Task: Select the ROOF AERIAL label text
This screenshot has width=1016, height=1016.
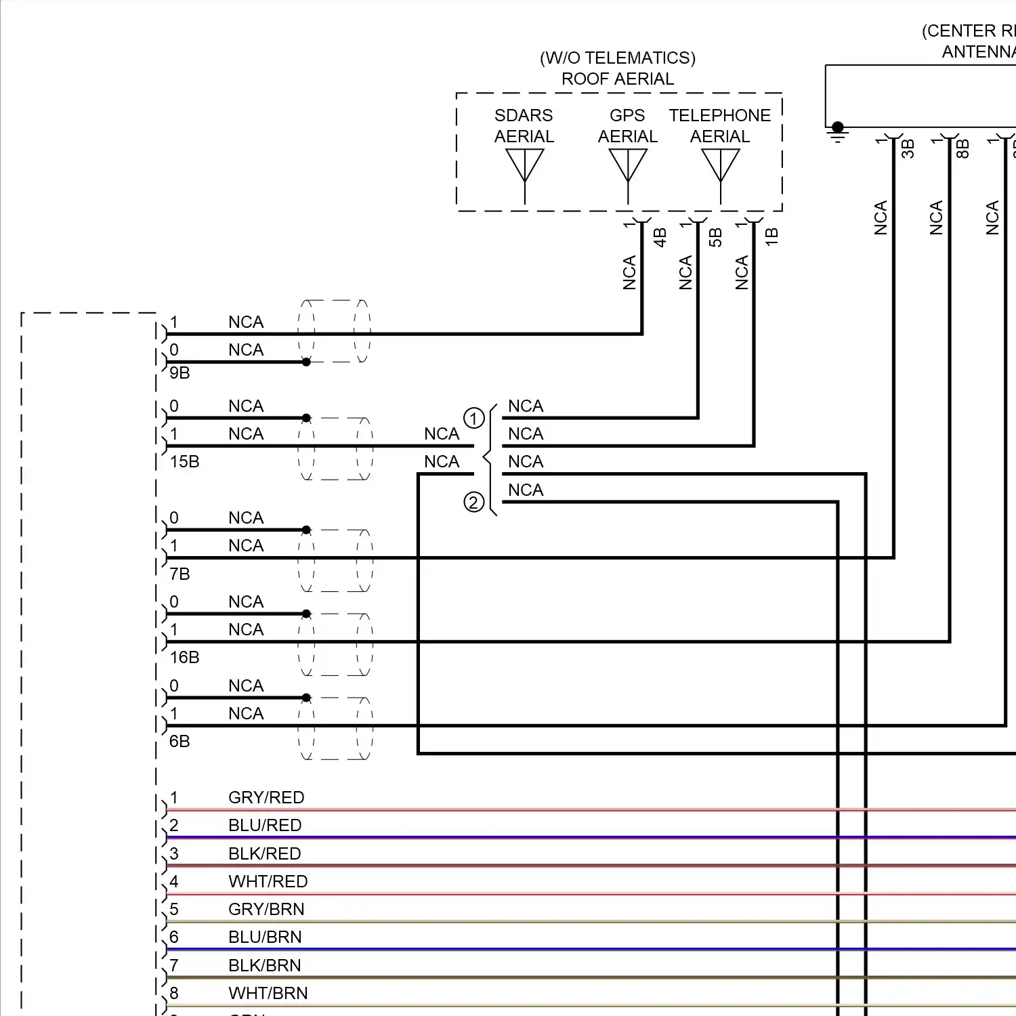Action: (618, 79)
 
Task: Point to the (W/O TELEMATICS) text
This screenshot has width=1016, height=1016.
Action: (618, 58)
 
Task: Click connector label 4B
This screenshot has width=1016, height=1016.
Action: (660, 237)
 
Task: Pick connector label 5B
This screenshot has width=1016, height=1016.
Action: (715, 237)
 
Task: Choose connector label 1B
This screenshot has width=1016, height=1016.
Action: (771, 237)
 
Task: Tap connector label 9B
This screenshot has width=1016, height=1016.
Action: (179, 373)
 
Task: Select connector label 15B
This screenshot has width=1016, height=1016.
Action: (184, 462)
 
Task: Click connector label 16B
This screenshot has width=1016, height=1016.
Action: (184, 658)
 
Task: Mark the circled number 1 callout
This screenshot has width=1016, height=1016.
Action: (474, 418)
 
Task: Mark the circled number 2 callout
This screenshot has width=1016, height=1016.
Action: (474, 502)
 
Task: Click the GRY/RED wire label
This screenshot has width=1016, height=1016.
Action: (266, 798)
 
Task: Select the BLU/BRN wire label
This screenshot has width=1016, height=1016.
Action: (265, 937)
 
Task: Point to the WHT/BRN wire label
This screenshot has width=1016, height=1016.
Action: (268, 994)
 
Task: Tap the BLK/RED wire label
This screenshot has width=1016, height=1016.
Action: (265, 854)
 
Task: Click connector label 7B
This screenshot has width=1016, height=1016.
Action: (179, 574)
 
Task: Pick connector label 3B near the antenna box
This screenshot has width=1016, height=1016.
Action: (908, 148)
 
